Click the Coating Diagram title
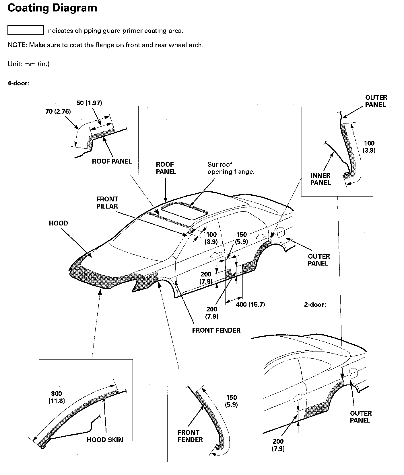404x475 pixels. tap(52, 8)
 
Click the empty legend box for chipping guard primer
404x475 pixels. tap(26, 30)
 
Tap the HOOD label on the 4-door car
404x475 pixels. tap(59, 223)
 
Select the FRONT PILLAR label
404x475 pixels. tap(107, 203)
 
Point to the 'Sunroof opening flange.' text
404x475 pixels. tap(231, 168)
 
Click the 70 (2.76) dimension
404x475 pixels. tap(58, 111)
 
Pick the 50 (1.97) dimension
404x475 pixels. tap(89, 103)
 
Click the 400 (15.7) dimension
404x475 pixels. tap(250, 305)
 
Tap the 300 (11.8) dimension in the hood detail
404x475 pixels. tap(57, 397)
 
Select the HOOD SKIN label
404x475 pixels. tap(105, 440)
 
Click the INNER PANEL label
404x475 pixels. tap(321, 179)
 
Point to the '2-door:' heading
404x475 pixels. tap(315, 305)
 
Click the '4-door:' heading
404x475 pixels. tap(18, 83)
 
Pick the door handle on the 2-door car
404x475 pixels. tap(297, 397)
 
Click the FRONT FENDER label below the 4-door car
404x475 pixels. tap(216, 330)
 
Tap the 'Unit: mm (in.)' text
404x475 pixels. tap(28, 64)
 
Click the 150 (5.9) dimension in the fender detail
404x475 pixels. tap(231, 401)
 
